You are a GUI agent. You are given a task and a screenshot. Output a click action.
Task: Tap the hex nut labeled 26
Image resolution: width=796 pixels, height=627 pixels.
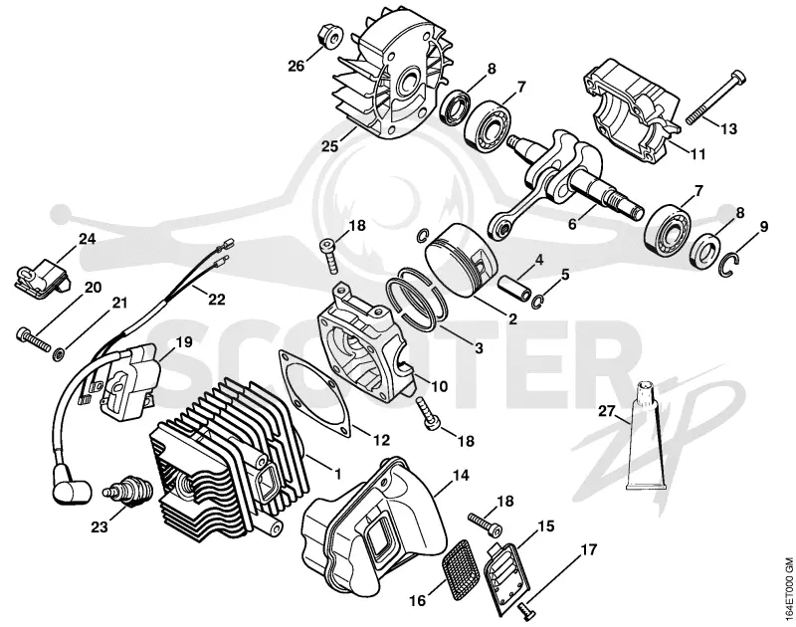(x=331, y=36)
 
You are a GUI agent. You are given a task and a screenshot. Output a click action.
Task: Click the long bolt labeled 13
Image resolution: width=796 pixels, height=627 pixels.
(x=716, y=99)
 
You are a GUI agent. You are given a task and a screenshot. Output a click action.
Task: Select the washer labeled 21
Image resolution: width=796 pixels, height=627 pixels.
(x=60, y=353)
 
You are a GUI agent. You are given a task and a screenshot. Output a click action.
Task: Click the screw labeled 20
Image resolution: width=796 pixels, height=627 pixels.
(x=34, y=339)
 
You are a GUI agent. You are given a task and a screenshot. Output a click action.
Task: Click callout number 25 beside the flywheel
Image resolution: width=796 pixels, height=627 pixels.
(x=329, y=146)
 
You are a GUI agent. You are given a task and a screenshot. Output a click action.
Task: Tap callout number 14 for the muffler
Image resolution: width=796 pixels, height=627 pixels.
(x=461, y=475)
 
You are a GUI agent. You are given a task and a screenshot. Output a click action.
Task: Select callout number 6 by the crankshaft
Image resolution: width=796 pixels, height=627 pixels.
(x=572, y=223)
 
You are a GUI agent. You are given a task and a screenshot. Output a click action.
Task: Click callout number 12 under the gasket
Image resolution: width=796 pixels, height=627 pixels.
(x=382, y=440)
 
